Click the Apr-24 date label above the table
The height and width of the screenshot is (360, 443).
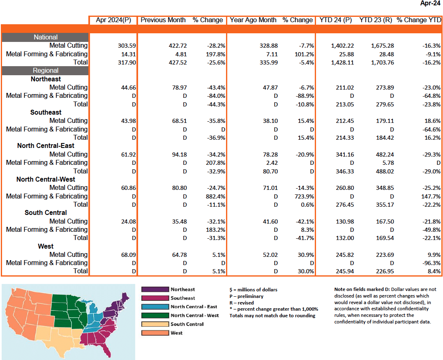click(430, 3)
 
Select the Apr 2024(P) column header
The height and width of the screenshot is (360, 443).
click(113, 20)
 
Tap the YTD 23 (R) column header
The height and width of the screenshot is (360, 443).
click(375, 20)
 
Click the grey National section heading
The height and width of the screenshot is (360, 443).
click(46, 37)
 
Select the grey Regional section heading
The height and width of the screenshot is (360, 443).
click(46, 70)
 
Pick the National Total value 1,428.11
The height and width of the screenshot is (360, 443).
click(342, 62)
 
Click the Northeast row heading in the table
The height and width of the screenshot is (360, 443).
click(46, 79)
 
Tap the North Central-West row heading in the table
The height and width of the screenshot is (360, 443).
click(46, 179)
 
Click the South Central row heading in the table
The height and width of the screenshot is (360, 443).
click(46, 212)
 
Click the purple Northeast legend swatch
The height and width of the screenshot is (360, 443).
click(155, 289)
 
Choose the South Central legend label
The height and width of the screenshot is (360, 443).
click(187, 324)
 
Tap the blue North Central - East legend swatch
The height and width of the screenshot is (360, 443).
click(155, 307)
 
